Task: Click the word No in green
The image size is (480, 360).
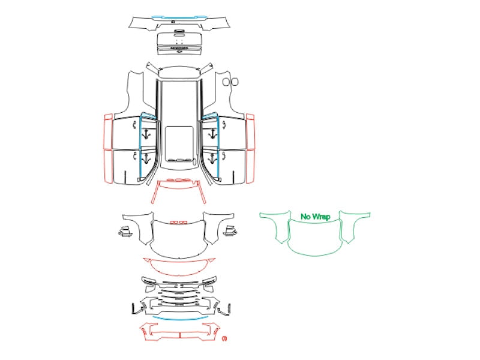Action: pos(305,217)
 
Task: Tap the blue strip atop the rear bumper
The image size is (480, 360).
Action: pos(179,17)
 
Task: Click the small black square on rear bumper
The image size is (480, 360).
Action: pos(173,22)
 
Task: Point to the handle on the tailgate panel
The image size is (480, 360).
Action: pos(179,32)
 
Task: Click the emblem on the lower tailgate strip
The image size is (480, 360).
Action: pos(179,51)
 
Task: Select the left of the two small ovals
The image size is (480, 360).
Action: pos(226,82)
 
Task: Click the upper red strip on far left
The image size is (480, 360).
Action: pos(109,131)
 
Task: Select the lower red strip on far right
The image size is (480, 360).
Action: pos(250,167)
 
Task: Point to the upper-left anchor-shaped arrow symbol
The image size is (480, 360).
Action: pos(146,134)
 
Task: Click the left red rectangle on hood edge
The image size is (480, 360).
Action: pos(173,223)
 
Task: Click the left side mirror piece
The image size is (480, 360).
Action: pos(125,232)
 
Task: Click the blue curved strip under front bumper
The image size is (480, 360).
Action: pos(180,319)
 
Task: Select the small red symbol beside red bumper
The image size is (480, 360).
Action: pos(224,338)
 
